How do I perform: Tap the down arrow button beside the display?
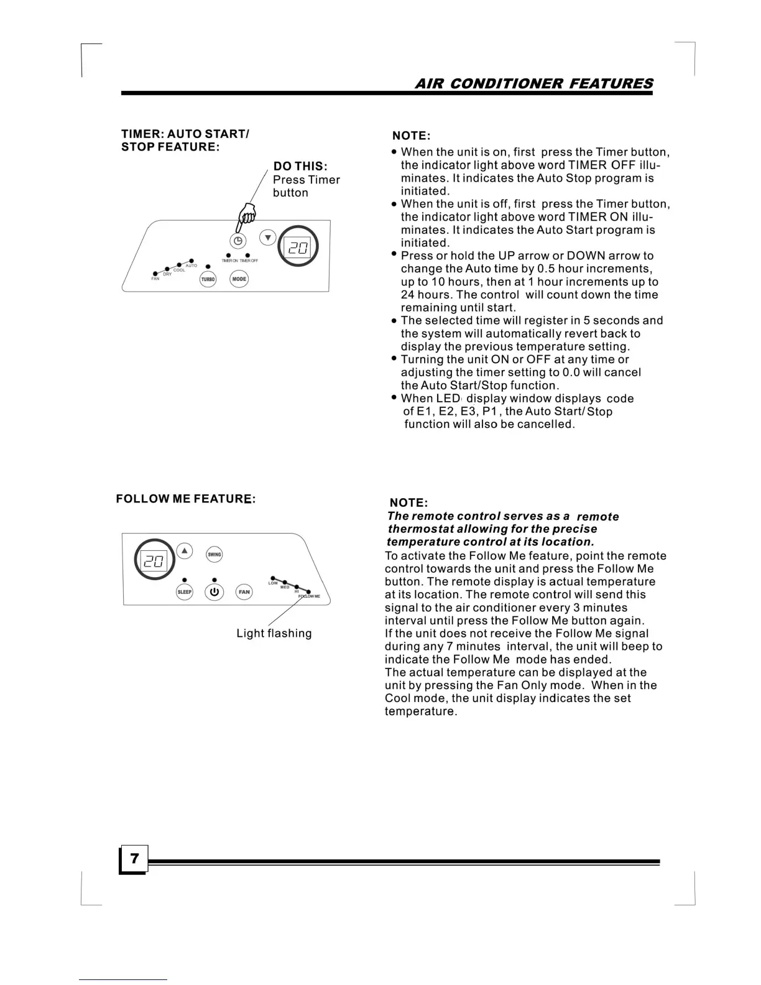tap(267, 238)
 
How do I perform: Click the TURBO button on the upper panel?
tap(208, 280)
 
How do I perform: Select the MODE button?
tap(239, 279)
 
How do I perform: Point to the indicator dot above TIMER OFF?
tap(247, 255)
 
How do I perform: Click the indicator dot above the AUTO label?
tap(191, 261)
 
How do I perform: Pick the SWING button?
tap(214, 555)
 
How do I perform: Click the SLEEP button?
tap(185, 592)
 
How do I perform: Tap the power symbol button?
tap(214, 592)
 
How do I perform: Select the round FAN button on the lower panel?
tap(244, 592)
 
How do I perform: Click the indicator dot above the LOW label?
tap(272, 578)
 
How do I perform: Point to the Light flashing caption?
tap(274, 634)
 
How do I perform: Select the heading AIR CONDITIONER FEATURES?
tap(533, 84)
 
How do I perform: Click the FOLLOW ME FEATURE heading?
tap(186, 499)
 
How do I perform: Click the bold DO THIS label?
tap(300, 167)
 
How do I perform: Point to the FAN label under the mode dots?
tap(155, 279)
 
